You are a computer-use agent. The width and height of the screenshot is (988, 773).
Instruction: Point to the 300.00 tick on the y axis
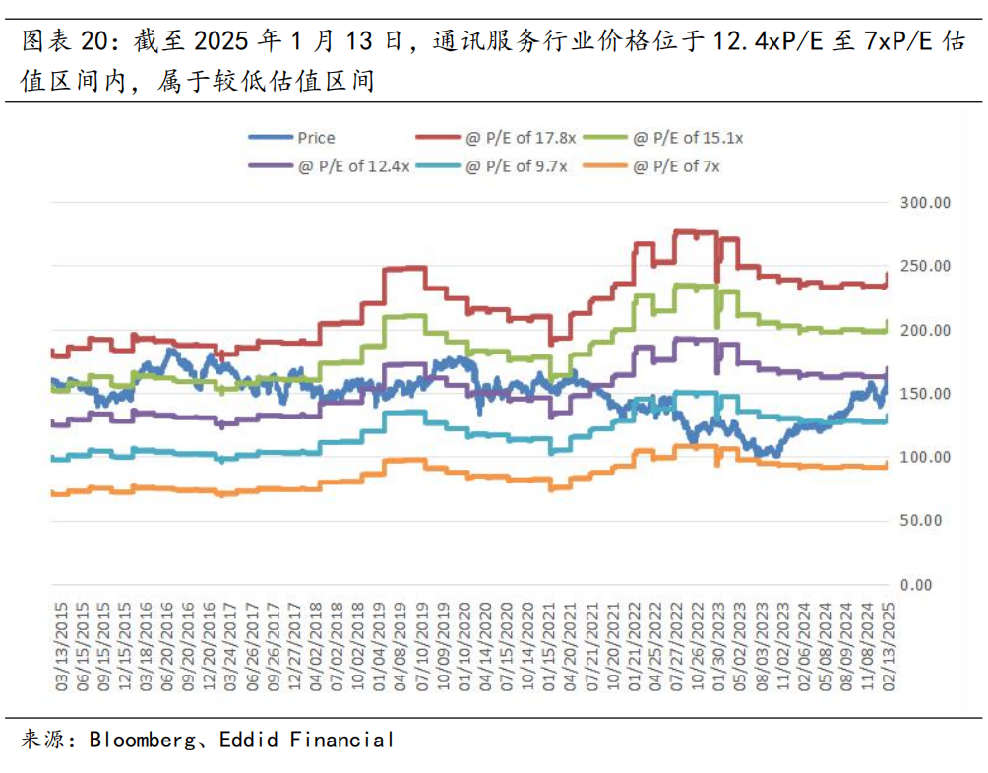coord(927,203)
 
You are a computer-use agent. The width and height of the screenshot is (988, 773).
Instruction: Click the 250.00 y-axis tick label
coord(927,267)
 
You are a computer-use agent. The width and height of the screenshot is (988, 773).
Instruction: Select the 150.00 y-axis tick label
coord(927,394)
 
